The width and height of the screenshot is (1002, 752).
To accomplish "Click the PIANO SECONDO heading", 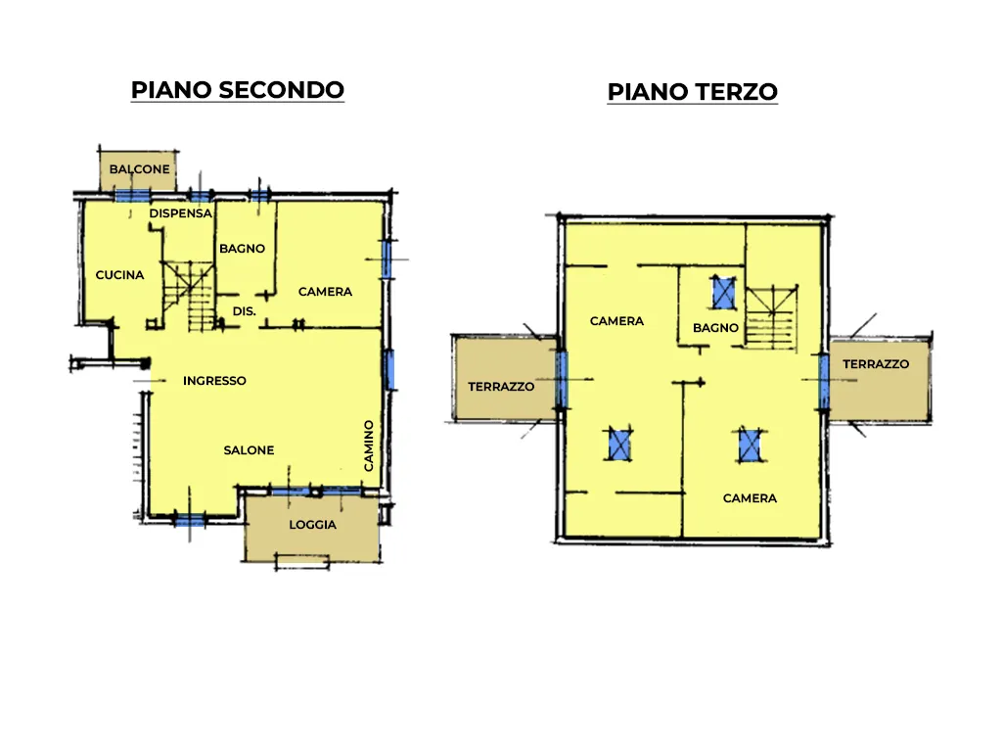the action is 237,90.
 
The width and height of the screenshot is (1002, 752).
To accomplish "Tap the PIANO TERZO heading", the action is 692,92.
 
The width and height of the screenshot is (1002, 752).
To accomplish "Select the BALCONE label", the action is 139,169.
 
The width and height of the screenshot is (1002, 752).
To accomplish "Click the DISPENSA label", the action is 181,213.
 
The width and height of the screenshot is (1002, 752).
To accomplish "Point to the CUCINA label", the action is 119,275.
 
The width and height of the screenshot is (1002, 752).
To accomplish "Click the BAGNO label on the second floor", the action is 243,249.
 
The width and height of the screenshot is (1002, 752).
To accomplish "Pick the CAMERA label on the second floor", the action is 325,292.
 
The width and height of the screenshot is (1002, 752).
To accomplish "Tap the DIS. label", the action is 244,311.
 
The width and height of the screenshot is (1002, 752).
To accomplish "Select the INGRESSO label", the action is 214,381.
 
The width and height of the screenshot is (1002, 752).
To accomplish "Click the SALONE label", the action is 249,450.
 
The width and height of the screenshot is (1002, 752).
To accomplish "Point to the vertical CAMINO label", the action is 369,446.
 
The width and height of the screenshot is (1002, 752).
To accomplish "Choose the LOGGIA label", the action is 312,525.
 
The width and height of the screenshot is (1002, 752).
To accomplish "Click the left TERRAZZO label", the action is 501,386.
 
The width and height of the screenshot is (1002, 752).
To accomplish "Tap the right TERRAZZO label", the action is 876,364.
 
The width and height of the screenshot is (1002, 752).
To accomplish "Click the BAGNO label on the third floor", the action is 715,328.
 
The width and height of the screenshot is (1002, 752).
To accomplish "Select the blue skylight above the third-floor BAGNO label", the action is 724,292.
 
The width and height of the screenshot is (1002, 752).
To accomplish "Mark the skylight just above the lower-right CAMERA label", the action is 751,446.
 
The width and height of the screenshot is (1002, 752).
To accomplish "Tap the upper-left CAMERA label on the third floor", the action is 616,321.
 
